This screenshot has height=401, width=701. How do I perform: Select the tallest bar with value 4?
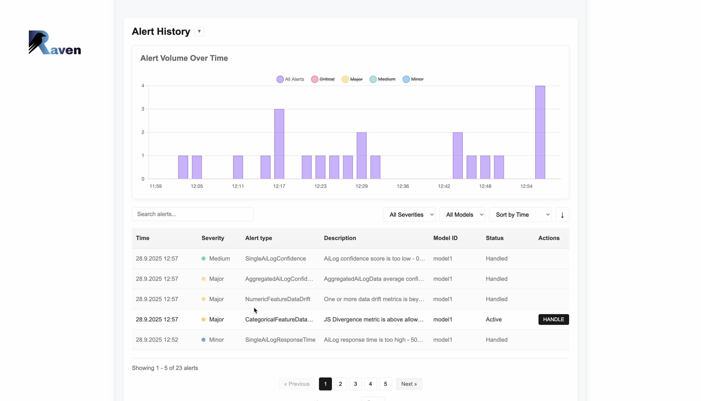[x=540, y=132]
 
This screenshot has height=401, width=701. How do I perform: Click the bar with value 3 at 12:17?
[x=279, y=144]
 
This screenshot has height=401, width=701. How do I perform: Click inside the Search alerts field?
[x=192, y=214]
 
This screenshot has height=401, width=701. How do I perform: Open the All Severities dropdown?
[x=409, y=215]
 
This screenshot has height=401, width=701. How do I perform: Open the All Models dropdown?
[x=462, y=215]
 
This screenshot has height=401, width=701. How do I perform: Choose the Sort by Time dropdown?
[x=520, y=215]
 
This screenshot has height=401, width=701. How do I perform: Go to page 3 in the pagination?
[x=355, y=384]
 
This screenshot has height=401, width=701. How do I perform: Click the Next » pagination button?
[x=409, y=384]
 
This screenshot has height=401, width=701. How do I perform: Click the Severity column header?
[x=213, y=238]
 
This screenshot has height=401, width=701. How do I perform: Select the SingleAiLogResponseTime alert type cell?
[x=280, y=339]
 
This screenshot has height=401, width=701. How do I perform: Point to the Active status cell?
[x=493, y=319]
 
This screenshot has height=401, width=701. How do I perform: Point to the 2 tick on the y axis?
[x=143, y=132]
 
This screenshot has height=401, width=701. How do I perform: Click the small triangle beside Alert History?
[x=199, y=31]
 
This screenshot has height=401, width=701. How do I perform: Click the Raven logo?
[x=55, y=42]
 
